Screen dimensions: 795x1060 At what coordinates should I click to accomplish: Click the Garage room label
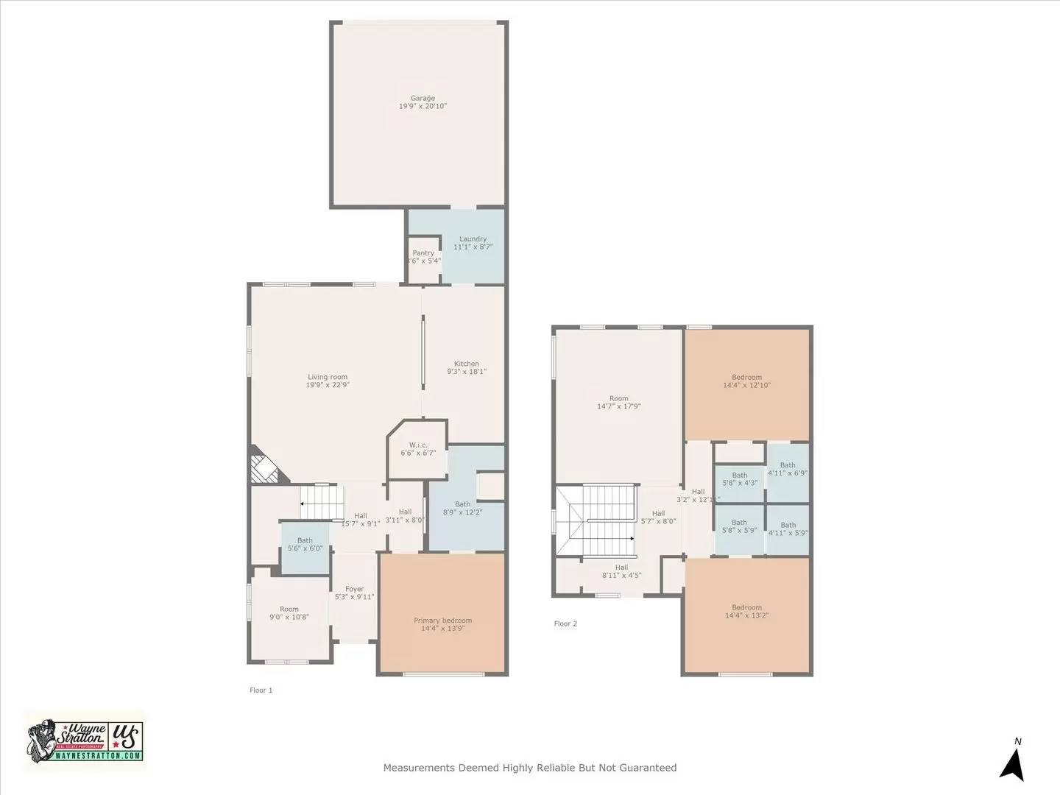(423, 98)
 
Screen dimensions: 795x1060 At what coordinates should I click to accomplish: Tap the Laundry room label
(473, 239)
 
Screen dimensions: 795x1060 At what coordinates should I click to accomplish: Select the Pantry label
(423, 252)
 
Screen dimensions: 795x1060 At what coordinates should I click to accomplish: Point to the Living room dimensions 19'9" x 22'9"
(328, 385)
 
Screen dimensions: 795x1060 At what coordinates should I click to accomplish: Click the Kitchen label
(467, 364)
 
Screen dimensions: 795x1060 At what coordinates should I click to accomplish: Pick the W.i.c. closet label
(418, 445)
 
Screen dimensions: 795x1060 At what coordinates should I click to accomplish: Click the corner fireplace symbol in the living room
(262, 469)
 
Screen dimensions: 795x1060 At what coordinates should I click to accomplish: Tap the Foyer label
(354, 589)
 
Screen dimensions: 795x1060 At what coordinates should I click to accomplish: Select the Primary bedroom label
(442, 621)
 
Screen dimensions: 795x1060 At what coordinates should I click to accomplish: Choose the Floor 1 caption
(261, 690)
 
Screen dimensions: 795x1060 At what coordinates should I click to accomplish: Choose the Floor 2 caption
(565, 623)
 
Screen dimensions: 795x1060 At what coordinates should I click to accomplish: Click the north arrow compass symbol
(1013, 763)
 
